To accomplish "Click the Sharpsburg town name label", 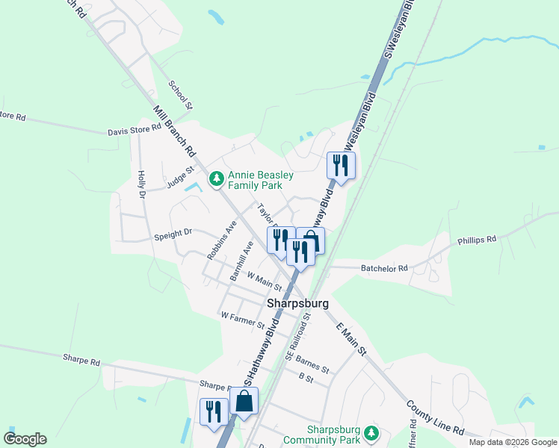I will click(x=297, y=304).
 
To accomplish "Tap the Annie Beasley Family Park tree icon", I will click(x=216, y=178).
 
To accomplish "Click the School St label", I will click(x=181, y=95).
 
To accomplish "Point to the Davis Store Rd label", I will click(x=135, y=128).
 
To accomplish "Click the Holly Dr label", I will click(x=140, y=184).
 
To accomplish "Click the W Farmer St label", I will click(x=243, y=320).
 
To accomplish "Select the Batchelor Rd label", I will click(x=384, y=268).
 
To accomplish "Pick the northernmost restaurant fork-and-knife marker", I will click(x=341, y=164).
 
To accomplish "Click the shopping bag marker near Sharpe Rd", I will click(x=244, y=401).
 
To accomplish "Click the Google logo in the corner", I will click(x=25, y=439).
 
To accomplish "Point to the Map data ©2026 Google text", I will click(x=512, y=442).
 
